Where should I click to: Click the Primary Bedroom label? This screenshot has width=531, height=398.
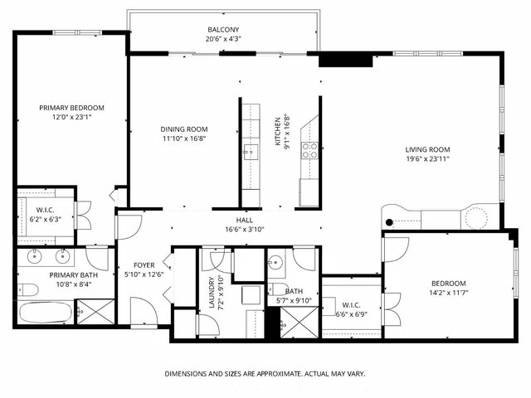72,108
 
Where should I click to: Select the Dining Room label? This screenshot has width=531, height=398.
184,129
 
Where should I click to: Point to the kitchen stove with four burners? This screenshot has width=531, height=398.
309,150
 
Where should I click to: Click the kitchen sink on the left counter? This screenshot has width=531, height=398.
250,150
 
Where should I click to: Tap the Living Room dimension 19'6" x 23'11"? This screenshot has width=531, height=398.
427,159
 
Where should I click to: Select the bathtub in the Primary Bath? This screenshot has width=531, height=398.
46,313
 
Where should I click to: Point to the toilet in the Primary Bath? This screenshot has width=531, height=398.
27,289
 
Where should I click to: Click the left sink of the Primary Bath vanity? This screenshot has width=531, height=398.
34,255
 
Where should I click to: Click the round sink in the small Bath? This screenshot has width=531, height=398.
276,263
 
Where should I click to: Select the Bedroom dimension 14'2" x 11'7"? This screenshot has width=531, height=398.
448,292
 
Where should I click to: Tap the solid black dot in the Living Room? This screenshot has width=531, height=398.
392,221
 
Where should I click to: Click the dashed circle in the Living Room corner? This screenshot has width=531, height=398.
477,217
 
